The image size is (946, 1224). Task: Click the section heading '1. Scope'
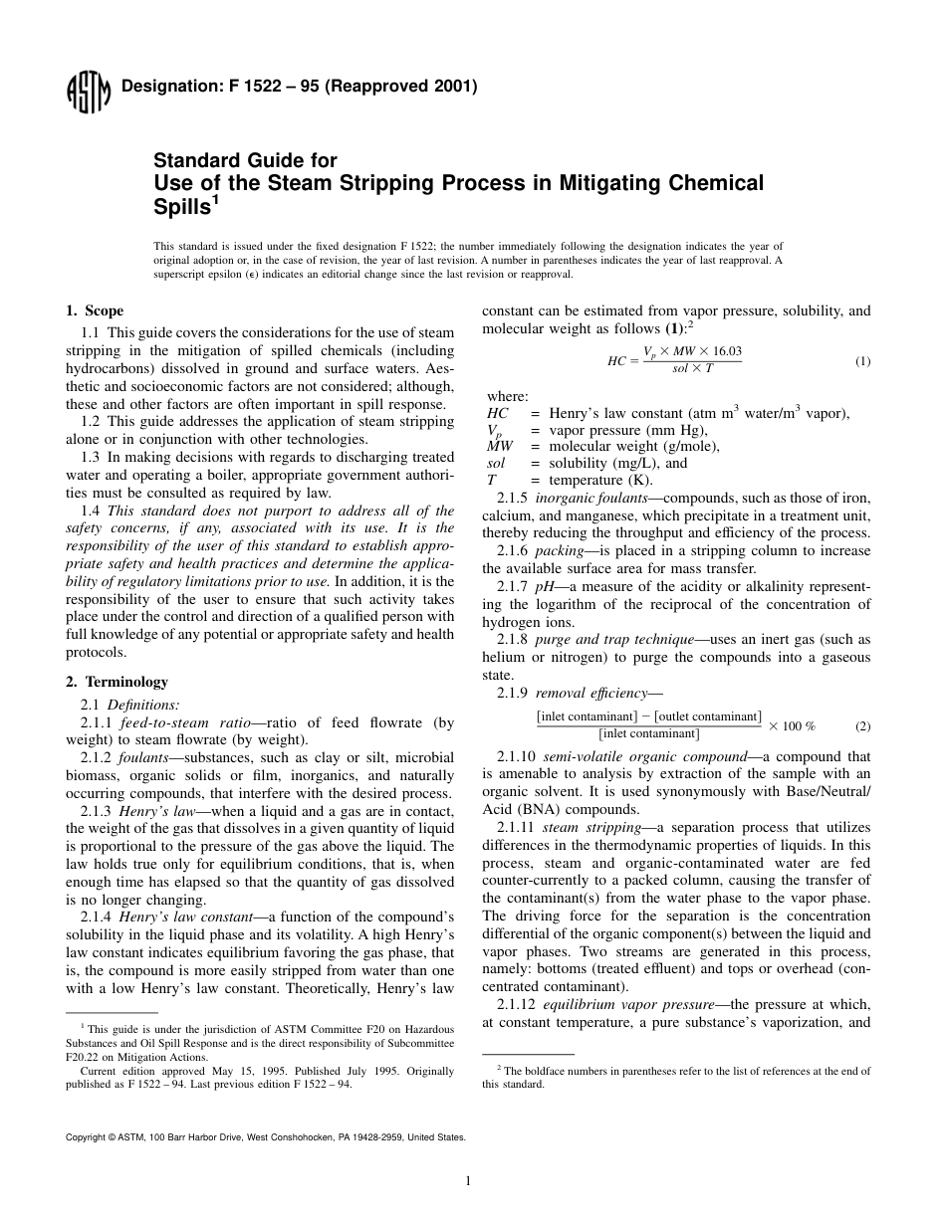[95, 311]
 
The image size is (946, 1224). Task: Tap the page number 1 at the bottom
[468, 1181]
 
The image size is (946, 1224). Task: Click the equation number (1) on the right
[862, 361]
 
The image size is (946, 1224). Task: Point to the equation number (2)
[862, 725]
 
